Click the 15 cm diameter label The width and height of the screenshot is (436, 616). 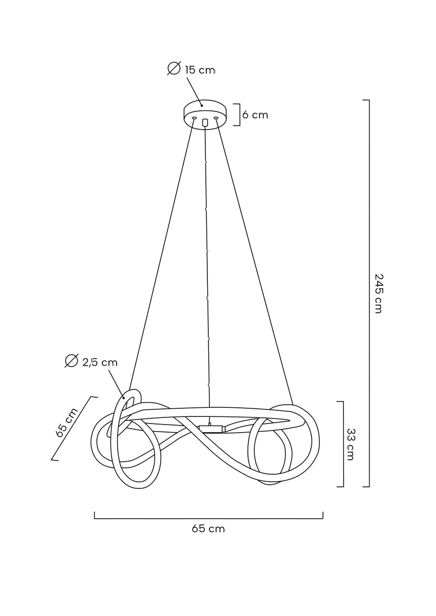[200, 70]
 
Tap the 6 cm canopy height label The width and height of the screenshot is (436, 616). [255, 114]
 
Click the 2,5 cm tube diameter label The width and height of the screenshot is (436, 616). [100, 362]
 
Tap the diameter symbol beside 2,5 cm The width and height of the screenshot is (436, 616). [71, 361]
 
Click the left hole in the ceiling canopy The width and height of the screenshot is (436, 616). [194, 118]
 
